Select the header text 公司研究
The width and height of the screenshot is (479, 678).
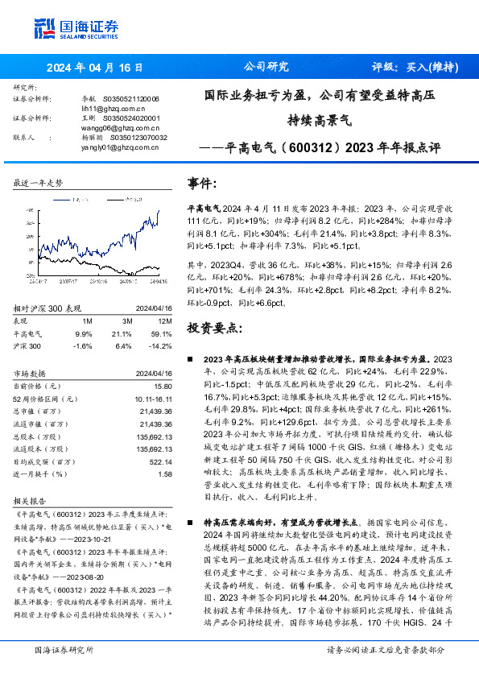coord(266,67)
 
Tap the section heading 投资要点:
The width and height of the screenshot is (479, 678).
coord(214,328)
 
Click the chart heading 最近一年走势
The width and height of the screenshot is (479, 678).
coord(39,184)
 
